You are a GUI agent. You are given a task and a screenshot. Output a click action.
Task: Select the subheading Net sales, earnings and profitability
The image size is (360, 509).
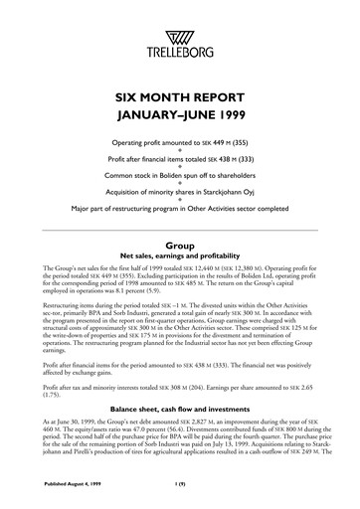180,256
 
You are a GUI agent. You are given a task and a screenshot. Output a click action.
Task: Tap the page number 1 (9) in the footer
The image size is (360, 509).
180,485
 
